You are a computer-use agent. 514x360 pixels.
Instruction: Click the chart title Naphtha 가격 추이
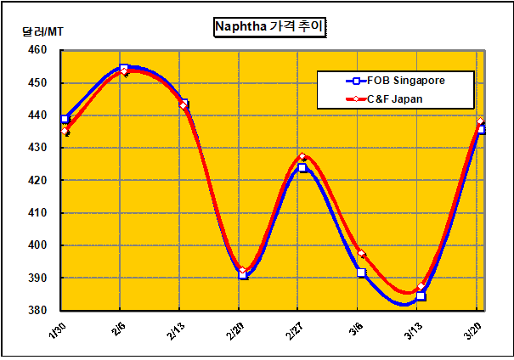(x=270, y=27)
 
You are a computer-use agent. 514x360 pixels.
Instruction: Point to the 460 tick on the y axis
(x=37, y=50)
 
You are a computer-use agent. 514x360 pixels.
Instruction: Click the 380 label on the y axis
(x=37, y=311)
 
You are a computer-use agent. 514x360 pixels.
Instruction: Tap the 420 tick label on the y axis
(x=37, y=181)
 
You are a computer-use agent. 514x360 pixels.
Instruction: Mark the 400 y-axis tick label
(x=37, y=245)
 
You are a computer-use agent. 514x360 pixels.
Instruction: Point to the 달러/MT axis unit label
(x=42, y=32)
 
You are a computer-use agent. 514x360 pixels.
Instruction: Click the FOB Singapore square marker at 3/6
(x=362, y=273)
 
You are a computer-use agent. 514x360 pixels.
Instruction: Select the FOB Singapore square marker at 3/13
(x=421, y=296)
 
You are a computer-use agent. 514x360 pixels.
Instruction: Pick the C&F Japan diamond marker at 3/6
(x=362, y=254)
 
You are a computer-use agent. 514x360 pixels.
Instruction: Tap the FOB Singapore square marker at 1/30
(x=65, y=119)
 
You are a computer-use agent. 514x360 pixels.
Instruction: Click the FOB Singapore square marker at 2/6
(x=124, y=68)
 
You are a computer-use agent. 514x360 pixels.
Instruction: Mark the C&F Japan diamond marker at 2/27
(x=302, y=158)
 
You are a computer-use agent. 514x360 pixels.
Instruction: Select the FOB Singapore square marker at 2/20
(x=243, y=275)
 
